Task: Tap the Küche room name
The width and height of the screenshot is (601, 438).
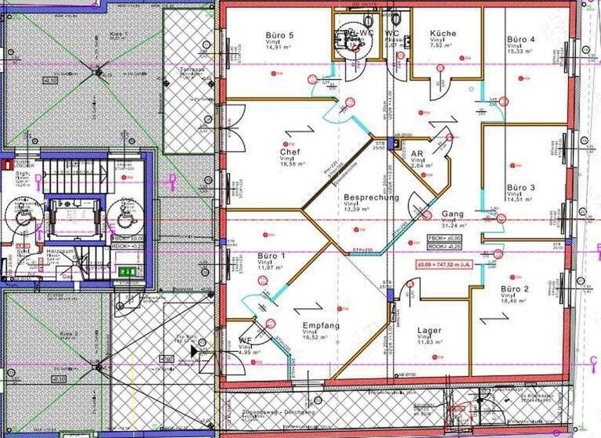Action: click(443, 34)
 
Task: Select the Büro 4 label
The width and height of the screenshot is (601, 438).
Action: click(520, 38)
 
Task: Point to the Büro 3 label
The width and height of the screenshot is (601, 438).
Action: click(520, 188)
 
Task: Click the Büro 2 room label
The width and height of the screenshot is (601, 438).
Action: click(516, 289)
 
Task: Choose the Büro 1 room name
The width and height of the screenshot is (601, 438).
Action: click(272, 256)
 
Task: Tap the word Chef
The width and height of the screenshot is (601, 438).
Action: click(290, 153)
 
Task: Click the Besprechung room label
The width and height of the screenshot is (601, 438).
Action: click(371, 198)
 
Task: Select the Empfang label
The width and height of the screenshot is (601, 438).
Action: click(321, 325)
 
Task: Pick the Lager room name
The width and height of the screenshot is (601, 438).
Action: click(430, 331)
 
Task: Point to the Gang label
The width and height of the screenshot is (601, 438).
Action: click(452, 214)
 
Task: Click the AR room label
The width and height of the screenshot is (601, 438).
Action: click(417, 154)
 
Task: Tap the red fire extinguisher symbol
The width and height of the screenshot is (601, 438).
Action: click(6, 166)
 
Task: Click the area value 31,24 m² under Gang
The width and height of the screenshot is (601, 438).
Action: click(454, 228)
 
